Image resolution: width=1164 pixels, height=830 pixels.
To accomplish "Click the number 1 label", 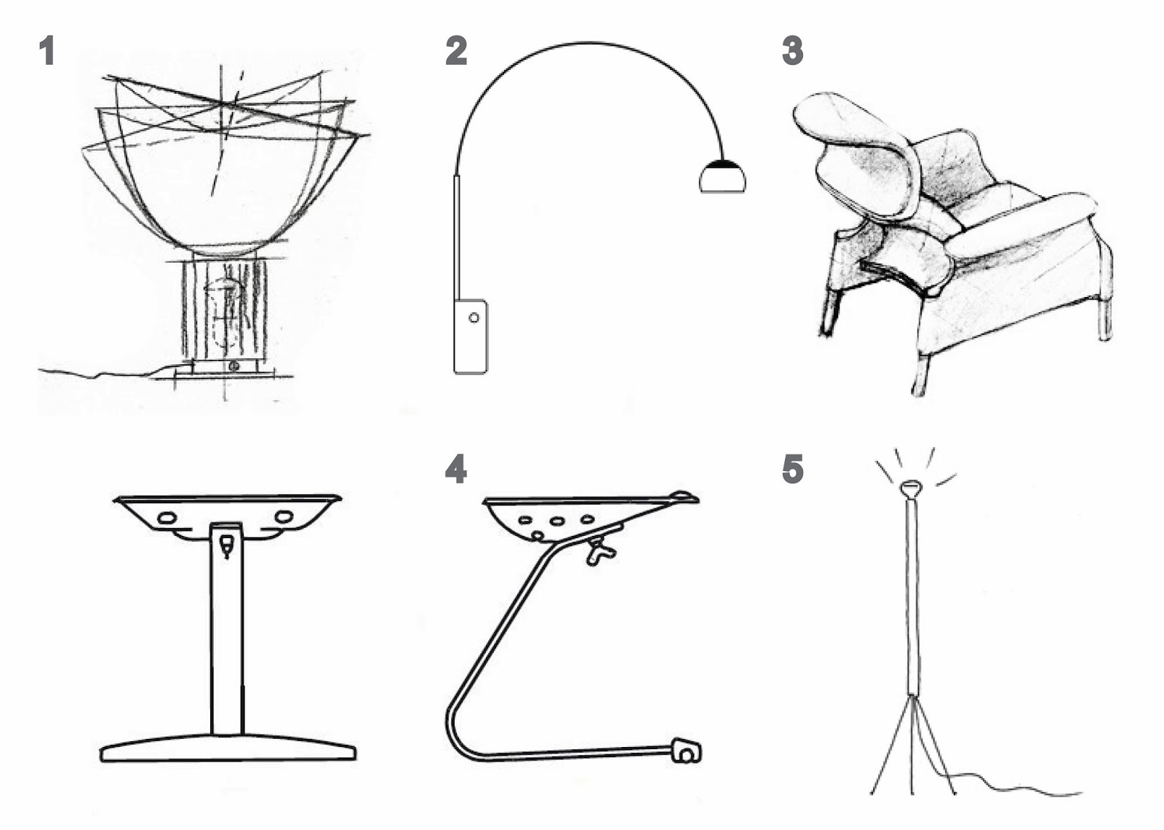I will [47, 52].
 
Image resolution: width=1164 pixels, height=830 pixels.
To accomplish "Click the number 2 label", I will [456, 52].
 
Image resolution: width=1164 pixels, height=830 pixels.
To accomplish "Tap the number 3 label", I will [792, 52].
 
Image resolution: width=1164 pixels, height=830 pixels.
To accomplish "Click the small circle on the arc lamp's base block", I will [474, 318].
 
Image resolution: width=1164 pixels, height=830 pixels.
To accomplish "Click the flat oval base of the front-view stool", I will [227, 750].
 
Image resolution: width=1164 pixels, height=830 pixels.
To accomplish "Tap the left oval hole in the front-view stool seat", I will [167, 518].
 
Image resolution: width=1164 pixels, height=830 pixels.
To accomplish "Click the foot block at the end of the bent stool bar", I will [686, 750].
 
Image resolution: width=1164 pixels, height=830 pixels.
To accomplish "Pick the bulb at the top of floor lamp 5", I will [909, 488].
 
